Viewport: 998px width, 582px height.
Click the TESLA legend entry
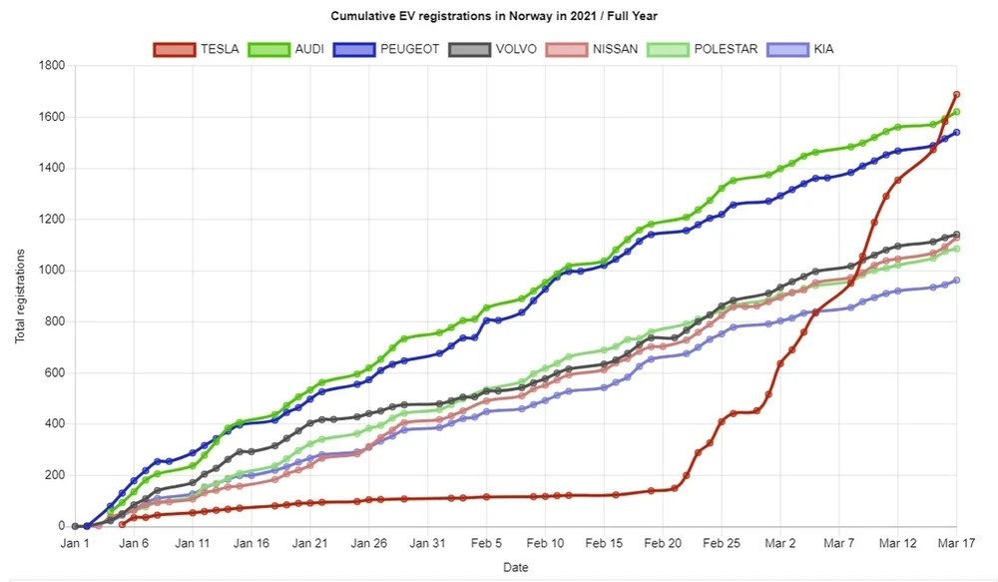[x=197, y=48]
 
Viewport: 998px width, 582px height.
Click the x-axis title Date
[x=516, y=567]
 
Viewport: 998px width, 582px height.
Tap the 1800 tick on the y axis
[x=51, y=66]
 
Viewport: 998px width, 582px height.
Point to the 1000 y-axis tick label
[x=51, y=271]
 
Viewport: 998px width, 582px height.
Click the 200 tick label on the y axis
[x=54, y=475]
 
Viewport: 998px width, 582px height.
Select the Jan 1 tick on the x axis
[x=75, y=544]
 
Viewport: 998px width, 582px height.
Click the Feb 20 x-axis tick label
[x=663, y=544]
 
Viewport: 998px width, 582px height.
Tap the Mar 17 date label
[x=956, y=544]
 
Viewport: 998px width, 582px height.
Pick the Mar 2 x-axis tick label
[x=780, y=544]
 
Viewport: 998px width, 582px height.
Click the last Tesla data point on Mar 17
[x=956, y=95]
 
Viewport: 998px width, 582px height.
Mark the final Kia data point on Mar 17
[x=956, y=281]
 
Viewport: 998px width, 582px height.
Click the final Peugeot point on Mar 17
[x=956, y=132]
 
